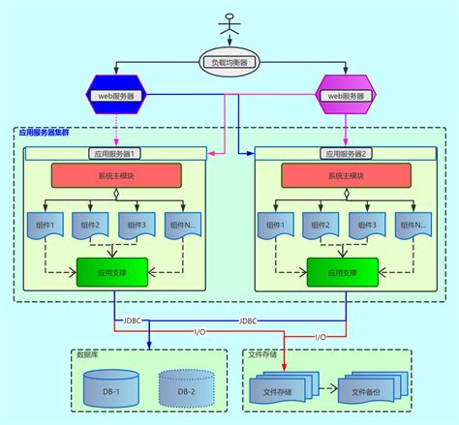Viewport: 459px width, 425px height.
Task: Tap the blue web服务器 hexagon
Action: click(x=114, y=95)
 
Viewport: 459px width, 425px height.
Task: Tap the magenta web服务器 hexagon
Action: click(x=345, y=95)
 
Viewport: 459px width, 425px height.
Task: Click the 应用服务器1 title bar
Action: click(x=114, y=153)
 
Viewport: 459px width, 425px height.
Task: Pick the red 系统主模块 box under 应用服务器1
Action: click(x=114, y=175)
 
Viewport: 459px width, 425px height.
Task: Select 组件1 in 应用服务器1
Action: click(x=45, y=226)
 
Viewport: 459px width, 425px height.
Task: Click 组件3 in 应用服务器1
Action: click(x=137, y=226)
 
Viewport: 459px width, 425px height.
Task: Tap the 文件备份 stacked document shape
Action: click(x=373, y=390)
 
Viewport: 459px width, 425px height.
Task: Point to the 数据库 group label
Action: click(x=89, y=354)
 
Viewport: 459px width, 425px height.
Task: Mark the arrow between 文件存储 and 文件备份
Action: click(x=325, y=392)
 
